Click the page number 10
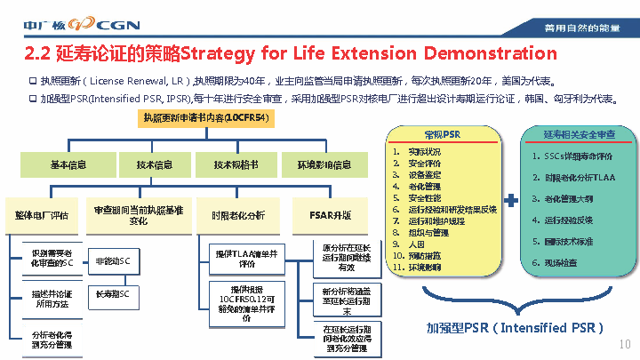click(x=624, y=343)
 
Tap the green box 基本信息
click(x=68, y=164)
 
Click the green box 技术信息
click(x=154, y=164)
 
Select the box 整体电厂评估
click(x=42, y=214)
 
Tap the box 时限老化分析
click(x=237, y=214)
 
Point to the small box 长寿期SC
click(x=112, y=293)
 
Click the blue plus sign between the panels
click(x=511, y=202)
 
